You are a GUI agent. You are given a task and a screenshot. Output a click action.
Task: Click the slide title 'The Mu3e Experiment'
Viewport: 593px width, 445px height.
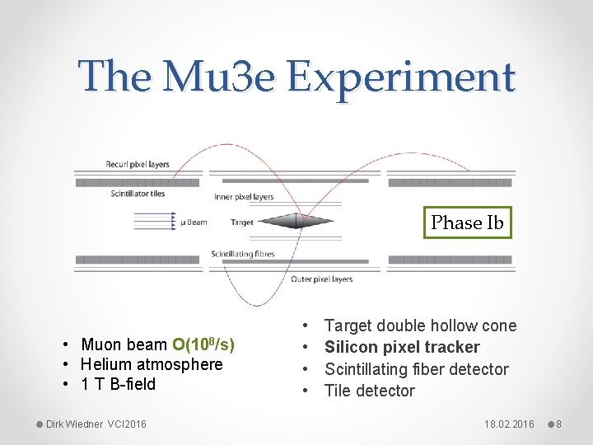pos(296,77)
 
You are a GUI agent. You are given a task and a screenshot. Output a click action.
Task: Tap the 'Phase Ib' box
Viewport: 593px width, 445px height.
pos(467,222)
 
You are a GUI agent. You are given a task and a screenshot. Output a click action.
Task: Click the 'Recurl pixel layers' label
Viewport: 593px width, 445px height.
pos(138,164)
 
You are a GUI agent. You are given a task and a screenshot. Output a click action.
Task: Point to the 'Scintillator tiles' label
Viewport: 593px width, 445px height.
pos(138,194)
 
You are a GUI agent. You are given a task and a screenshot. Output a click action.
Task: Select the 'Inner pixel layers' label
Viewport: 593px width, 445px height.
pos(244,197)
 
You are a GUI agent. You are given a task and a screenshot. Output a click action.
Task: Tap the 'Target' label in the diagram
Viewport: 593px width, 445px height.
pos(242,222)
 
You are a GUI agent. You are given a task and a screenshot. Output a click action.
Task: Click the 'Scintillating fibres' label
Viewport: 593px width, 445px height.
pos(243,254)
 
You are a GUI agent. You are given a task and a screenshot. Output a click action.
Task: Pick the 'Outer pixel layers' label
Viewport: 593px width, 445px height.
pos(321,279)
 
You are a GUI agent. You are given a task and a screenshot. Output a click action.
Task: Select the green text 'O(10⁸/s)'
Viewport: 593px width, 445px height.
pos(203,344)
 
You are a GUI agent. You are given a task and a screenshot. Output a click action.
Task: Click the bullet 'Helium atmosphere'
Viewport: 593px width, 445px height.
pos(152,364)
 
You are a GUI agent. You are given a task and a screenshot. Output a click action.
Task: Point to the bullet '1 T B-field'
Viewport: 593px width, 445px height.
pos(118,384)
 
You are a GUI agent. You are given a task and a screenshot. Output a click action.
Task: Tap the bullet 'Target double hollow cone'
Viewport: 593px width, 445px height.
pos(420,326)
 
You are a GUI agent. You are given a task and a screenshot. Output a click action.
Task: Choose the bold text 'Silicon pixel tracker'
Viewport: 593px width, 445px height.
pos(402,347)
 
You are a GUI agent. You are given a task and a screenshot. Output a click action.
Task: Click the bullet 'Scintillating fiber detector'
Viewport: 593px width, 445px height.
pos(416,369)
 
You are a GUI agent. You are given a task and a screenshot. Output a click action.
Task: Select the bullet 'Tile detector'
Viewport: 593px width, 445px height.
pos(370,391)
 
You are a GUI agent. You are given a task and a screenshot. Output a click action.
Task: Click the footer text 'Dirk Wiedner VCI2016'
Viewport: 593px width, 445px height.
pos(96,424)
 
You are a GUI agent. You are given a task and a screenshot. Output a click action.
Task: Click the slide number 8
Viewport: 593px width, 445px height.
pos(558,424)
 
